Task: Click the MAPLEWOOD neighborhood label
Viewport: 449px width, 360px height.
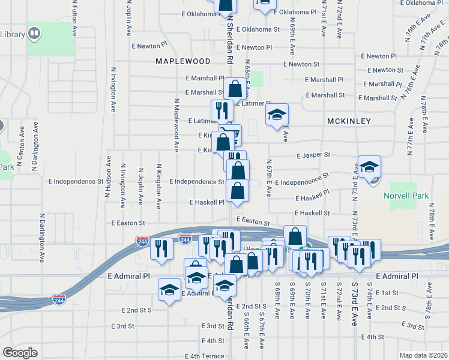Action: (183, 61)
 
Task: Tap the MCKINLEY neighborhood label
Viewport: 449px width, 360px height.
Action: (349, 121)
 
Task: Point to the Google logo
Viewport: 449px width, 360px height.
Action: (20, 353)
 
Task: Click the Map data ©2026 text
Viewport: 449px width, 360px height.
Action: (424, 355)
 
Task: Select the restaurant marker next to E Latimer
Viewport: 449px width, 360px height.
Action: (222, 110)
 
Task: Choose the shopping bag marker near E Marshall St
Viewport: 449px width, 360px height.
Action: (236, 89)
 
